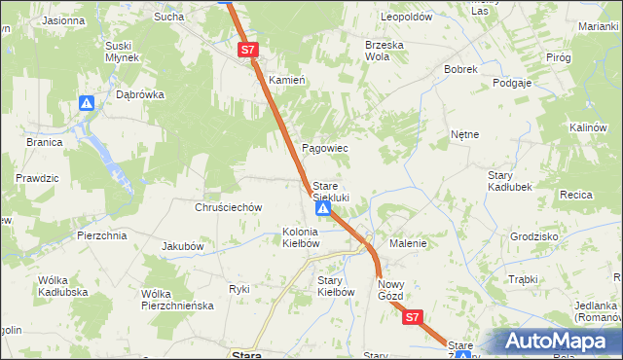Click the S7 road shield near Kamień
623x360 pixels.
[x=247, y=49]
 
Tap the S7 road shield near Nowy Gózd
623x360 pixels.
[x=412, y=317]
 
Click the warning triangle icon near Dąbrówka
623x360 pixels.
[x=87, y=103]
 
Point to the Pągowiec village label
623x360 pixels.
[x=325, y=148]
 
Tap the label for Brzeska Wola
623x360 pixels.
[x=384, y=51]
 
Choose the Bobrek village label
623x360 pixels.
[x=460, y=70]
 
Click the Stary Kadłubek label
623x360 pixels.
[x=507, y=181]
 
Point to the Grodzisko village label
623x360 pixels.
[x=533, y=236]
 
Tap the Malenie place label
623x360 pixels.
[x=409, y=243]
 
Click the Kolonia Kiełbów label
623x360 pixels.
[x=301, y=236]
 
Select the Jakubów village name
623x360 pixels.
[x=182, y=246]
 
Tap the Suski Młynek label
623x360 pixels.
[x=124, y=52]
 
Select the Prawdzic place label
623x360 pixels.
[x=35, y=179]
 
